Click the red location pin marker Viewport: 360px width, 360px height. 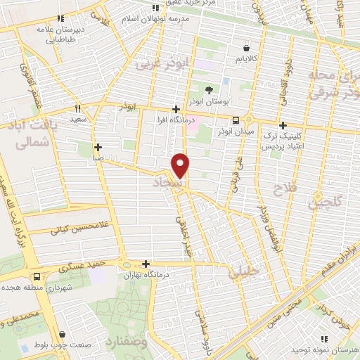tap(181, 165)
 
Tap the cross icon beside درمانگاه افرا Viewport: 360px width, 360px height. tap(176, 110)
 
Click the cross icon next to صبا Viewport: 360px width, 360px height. tap(98, 148)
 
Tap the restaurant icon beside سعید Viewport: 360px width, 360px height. tap(78, 108)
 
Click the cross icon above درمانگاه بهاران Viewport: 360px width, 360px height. tap(146, 265)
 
